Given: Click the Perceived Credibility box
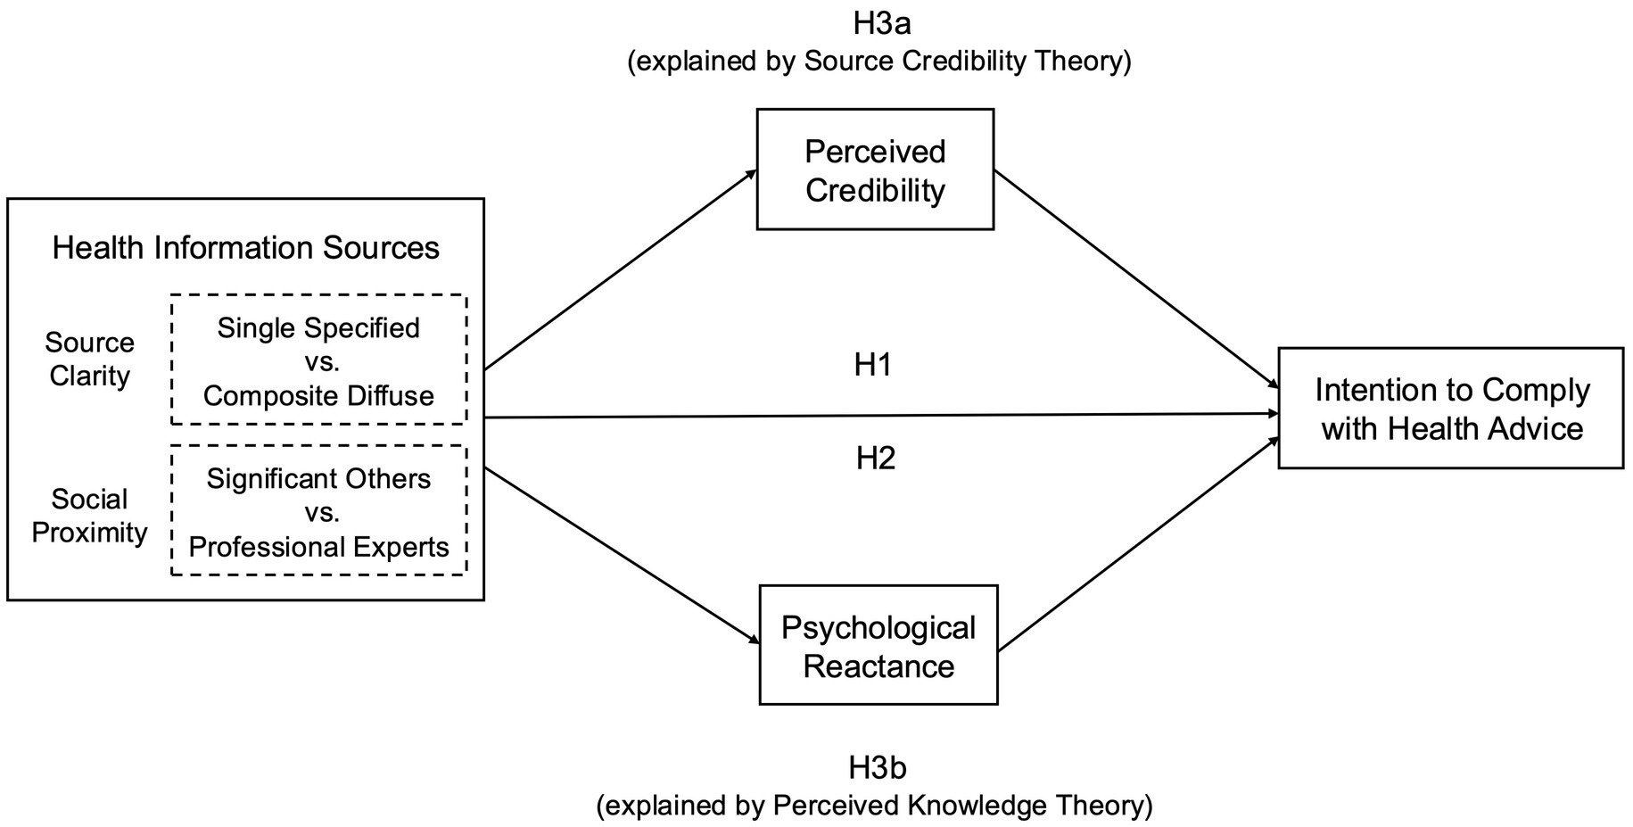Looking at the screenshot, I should (875, 170).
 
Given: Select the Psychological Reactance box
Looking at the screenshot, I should (878, 645).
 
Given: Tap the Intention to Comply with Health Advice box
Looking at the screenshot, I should (1450, 409).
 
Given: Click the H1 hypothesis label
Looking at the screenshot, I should (873, 365).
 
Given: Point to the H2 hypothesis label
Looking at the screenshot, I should (875, 458).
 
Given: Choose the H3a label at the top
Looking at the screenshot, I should (881, 24).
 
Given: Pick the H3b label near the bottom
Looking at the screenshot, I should (878, 767).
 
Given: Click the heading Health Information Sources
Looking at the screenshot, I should (245, 248).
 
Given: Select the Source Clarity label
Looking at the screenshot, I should (89, 359).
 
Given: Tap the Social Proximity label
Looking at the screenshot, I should (89, 516).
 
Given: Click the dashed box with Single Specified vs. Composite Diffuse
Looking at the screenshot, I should (318, 360).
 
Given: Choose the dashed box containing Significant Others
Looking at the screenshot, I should (318, 510).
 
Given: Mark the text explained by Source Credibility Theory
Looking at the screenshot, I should (879, 62).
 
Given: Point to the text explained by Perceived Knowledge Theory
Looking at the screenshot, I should (874, 806).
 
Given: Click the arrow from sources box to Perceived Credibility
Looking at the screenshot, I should (620, 270).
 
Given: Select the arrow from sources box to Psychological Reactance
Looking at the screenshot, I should (621, 554).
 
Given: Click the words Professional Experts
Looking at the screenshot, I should (318, 546).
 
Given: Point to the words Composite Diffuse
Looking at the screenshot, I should (318, 395).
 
